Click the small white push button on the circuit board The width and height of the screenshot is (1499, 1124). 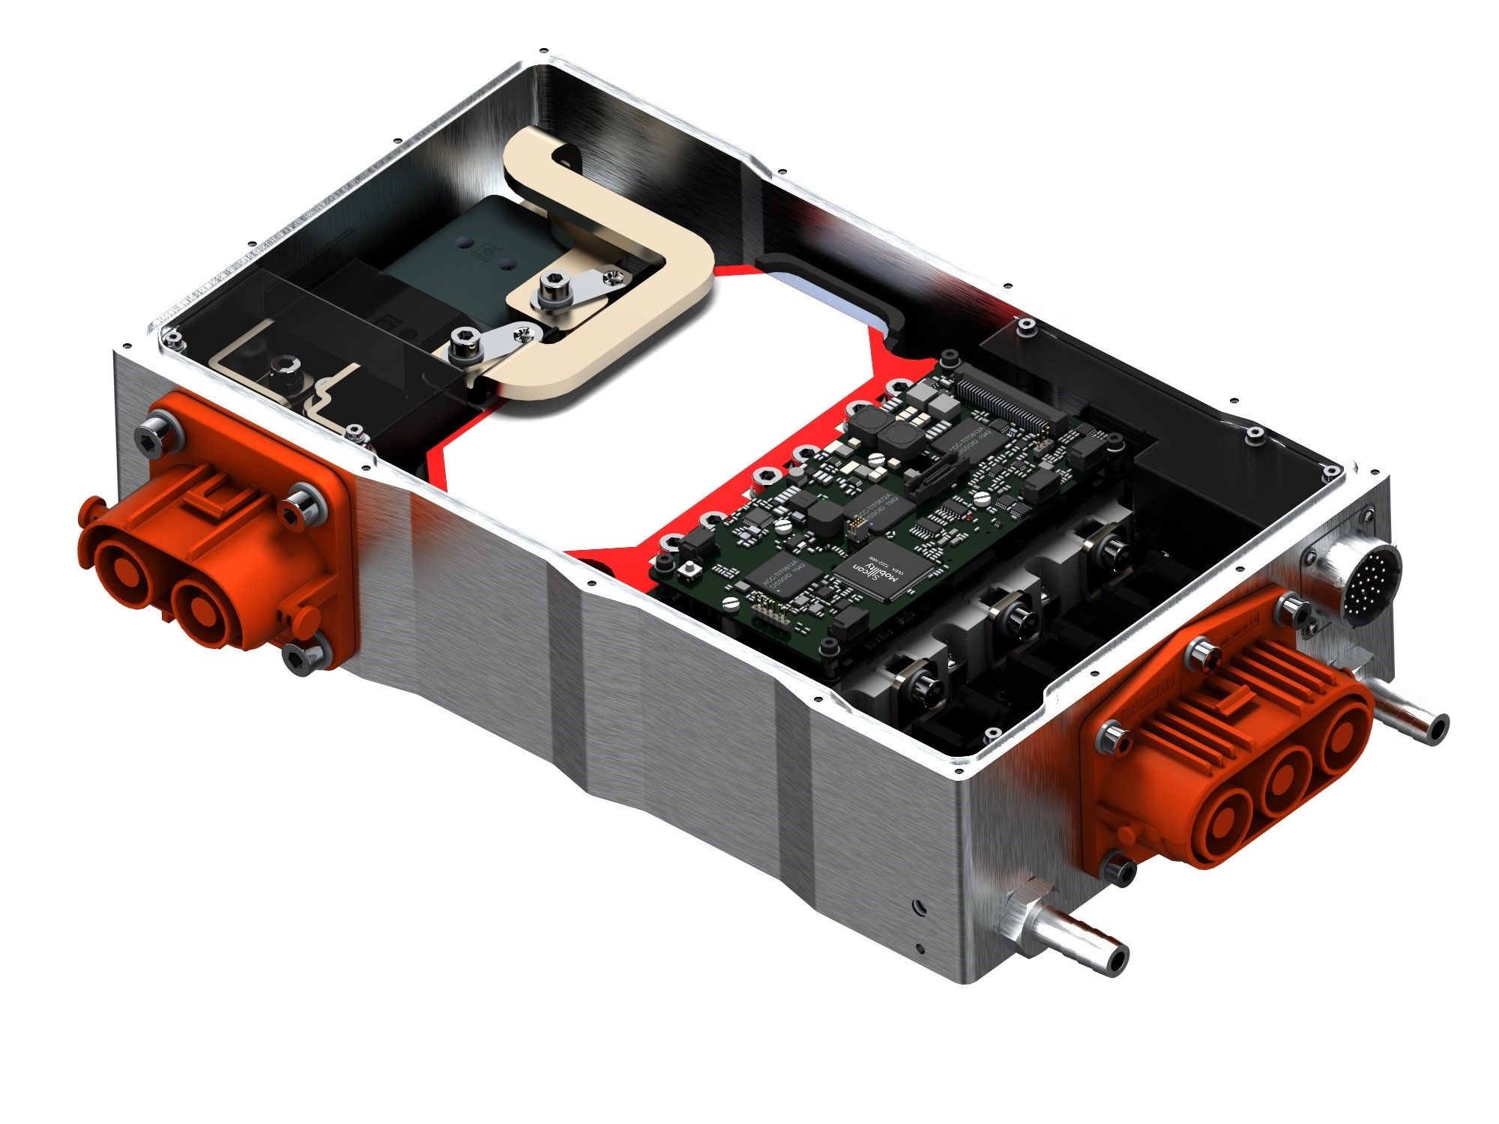(690, 572)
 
